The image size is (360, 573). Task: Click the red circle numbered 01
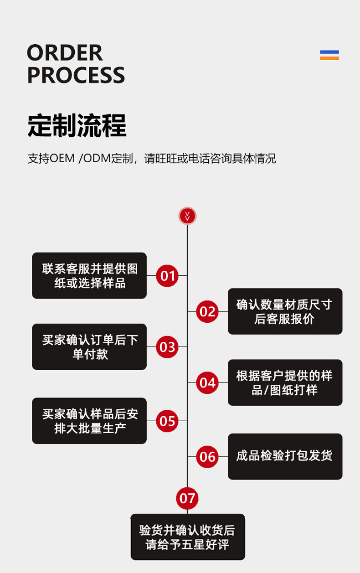167,275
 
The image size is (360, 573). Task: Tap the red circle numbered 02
207,311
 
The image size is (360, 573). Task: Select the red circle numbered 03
167,347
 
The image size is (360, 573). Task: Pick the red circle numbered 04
207,382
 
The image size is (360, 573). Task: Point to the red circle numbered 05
167,421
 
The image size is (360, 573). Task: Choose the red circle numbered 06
207,456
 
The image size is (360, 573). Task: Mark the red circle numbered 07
187,498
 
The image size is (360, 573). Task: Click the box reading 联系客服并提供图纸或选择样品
89,276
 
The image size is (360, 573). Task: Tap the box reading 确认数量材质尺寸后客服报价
285,311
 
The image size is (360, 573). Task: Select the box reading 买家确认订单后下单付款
89,347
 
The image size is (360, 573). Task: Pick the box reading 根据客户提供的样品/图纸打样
285,382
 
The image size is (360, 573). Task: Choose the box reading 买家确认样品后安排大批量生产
89,421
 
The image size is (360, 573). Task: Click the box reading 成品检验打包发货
285,456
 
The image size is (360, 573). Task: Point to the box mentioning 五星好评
188,537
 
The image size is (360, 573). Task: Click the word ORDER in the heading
65,53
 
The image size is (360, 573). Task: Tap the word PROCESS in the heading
76,75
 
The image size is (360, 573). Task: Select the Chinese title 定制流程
77,125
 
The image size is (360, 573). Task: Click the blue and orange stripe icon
329,55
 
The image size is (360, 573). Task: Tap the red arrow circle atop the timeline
187,216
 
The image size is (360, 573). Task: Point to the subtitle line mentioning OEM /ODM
151,159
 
